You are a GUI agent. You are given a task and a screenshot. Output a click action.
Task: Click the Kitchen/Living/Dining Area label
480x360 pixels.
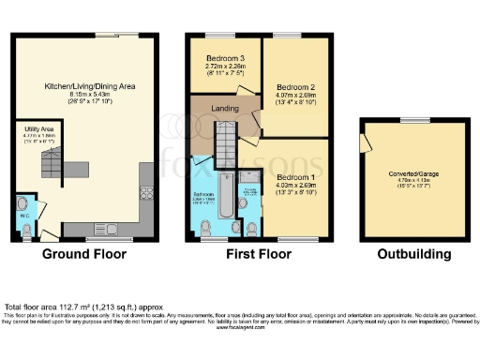point(91,85)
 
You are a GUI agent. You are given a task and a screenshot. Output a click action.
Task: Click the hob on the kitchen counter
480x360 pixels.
point(147,195)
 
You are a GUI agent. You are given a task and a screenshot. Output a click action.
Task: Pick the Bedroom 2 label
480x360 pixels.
point(294,86)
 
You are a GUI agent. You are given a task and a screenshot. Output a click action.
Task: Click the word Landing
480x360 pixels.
point(224,110)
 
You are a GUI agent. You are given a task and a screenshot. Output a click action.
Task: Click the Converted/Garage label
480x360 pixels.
point(413,172)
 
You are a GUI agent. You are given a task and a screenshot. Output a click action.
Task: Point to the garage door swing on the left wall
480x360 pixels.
point(364,146)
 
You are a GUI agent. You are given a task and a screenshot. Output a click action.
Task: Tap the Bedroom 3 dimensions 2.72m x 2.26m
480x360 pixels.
point(225,67)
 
